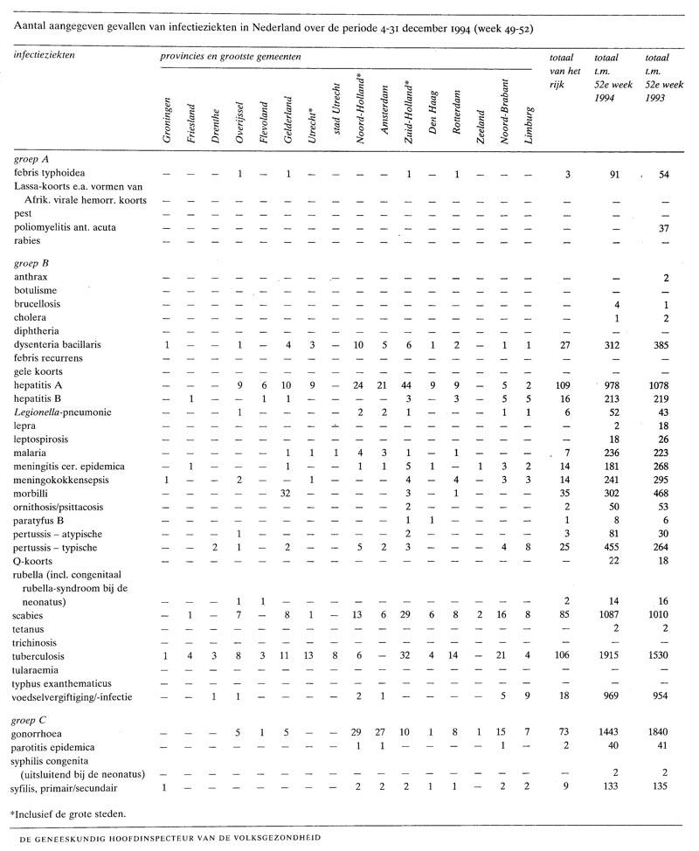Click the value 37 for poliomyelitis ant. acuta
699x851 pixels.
661,227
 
